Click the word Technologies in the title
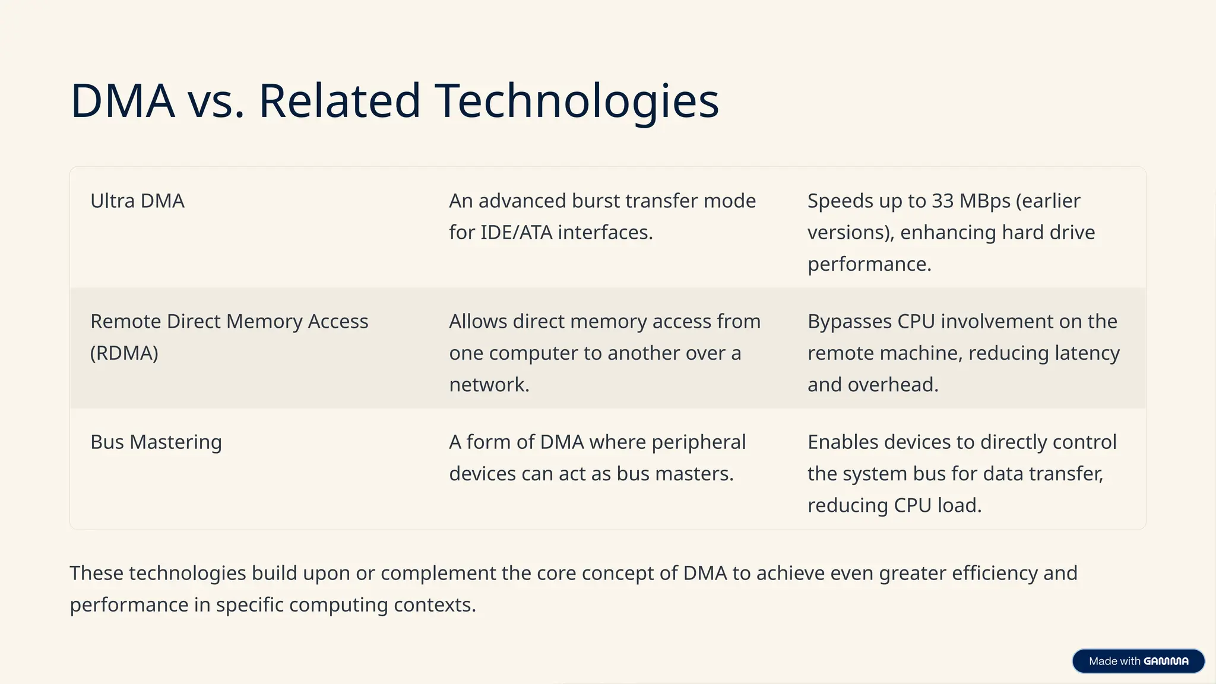pyautogui.click(x=577, y=101)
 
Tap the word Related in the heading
pyautogui.click(x=339, y=101)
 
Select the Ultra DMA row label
pyautogui.click(x=137, y=201)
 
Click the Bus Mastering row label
pyautogui.click(x=156, y=442)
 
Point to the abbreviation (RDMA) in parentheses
pyautogui.click(x=124, y=353)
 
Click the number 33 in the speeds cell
pyautogui.click(x=942, y=201)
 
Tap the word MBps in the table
pyautogui.click(x=985, y=201)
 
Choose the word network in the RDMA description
pyautogui.click(x=488, y=385)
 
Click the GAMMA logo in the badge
pyautogui.click(x=1166, y=661)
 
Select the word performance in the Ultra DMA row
pyautogui.click(x=869, y=264)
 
